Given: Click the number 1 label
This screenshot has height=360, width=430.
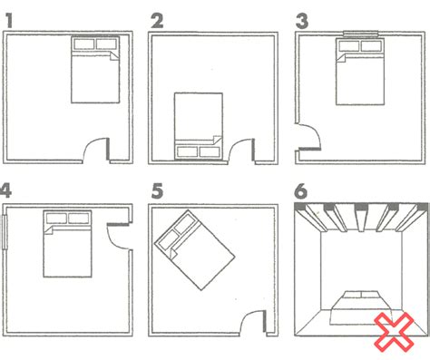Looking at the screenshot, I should pyautogui.click(x=11, y=18).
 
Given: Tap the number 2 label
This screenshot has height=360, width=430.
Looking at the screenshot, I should pyautogui.click(x=156, y=18).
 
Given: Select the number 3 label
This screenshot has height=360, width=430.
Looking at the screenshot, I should pyautogui.click(x=303, y=18).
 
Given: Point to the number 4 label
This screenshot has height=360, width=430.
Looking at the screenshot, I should pyautogui.click(x=7, y=190).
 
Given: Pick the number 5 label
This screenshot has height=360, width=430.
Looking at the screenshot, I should pyautogui.click(x=156, y=190).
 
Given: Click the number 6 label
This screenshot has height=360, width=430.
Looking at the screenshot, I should pyautogui.click(x=302, y=190).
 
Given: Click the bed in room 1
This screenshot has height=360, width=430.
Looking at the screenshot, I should pyautogui.click(x=94, y=68).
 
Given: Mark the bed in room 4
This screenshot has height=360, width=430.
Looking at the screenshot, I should pyautogui.click(x=67, y=242).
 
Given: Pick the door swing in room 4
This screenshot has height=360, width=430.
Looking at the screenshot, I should pyautogui.click(x=118, y=231).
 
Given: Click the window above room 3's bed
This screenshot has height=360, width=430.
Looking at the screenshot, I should pyautogui.click(x=361, y=34).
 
